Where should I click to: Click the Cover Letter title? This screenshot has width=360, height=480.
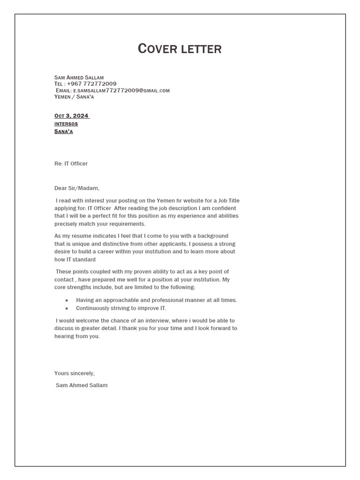[x=180, y=49]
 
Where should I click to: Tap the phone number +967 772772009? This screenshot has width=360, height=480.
[x=92, y=84]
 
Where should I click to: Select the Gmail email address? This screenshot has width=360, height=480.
[x=121, y=90]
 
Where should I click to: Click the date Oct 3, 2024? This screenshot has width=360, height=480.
[x=71, y=116]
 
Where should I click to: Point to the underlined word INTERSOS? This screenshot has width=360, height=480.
[x=66, y=124]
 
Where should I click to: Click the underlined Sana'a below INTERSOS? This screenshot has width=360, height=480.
[x=63, y=132]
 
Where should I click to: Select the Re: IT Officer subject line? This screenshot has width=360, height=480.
[x=71, y=164]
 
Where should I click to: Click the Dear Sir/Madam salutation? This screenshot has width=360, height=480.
[x=77, y=188]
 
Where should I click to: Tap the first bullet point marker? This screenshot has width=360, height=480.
[x=67, y=300]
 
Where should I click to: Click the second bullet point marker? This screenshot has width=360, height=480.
[x=67, y=308]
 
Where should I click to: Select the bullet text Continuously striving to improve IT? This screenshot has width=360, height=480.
[x=121, y=308]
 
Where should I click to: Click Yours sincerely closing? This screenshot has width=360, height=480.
[x=75, y=374]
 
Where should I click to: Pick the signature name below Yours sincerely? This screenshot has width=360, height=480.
[x=82, y=385]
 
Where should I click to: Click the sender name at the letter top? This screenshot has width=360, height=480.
[x=79, y=77]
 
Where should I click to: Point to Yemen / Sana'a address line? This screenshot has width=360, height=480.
[x=74, y=97]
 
